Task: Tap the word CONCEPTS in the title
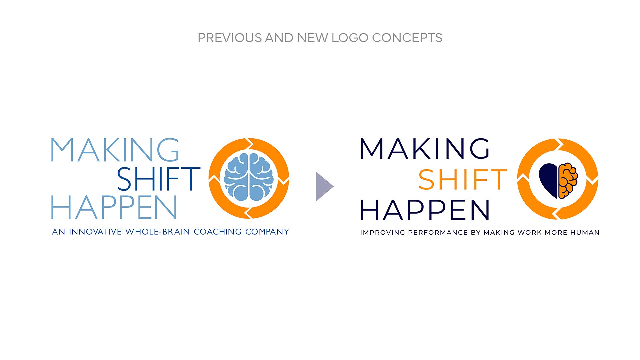[407, 38]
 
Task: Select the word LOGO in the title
[350, 38]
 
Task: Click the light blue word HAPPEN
[114, 207]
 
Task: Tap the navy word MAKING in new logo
[425, 149]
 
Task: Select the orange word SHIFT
[463, 180]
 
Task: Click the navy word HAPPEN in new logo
[425, 210]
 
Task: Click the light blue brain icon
[249, 177]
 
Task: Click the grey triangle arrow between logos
[324, 187]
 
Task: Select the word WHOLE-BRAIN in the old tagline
[158, 232]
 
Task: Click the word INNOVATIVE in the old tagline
[95, 232]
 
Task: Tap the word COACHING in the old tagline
[217, 232]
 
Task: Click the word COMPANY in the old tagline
[267, 232]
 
